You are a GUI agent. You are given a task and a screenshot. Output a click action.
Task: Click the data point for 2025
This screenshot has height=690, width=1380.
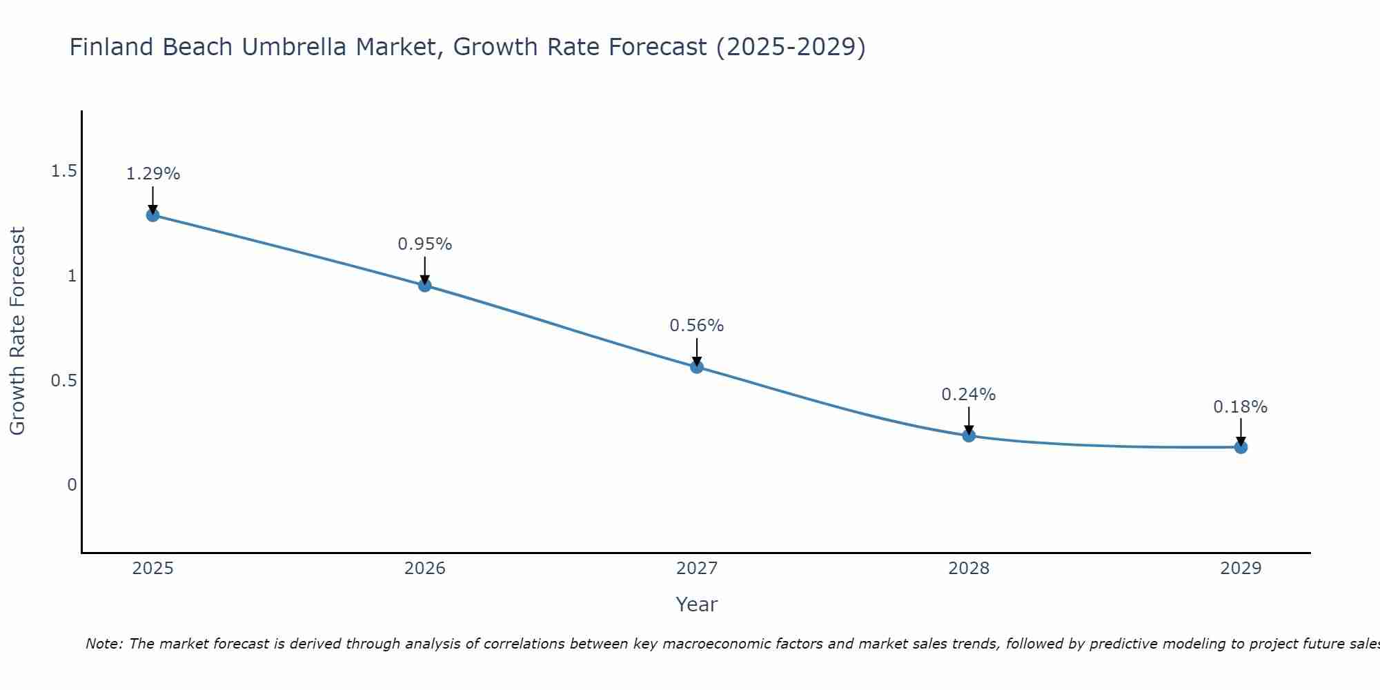click(x=152, y=215)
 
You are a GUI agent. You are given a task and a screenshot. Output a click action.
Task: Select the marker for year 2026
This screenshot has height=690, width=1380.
click(x=424, y=285)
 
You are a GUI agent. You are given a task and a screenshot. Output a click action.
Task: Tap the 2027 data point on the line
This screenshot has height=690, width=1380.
click(x=696, y=366)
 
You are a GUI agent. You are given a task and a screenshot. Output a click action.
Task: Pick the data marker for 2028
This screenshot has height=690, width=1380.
click(x=968, y=435)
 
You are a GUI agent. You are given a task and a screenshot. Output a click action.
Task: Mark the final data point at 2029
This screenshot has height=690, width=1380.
click(x=1240, y=447)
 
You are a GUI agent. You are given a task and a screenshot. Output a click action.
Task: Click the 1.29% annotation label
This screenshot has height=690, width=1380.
click(x=152, y=174)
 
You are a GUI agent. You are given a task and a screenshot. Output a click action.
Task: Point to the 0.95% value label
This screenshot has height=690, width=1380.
click(x=424, y=244)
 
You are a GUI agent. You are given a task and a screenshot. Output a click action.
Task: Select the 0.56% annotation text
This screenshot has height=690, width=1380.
click(x=696, y=326)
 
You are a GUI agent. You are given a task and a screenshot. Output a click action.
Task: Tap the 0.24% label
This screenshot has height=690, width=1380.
click(x=968, y=395)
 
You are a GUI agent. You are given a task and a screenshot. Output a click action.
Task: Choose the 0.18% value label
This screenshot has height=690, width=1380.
click(x=1240, y=407)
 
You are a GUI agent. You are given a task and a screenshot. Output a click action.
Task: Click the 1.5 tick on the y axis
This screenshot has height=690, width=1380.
click(x=63, y=171)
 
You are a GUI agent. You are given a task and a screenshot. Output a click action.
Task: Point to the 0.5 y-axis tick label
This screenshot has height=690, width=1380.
click(x=63, y=380)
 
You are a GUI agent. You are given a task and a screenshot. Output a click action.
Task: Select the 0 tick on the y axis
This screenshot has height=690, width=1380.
click(x=72, y=485)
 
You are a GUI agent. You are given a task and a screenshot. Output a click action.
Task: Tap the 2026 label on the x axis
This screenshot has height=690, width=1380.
click(x=424, y=569)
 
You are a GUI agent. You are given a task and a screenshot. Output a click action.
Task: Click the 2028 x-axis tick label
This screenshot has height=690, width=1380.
click(x=968, y=569)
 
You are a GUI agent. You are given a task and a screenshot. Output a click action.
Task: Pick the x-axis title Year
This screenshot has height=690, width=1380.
click(x=696, y=604)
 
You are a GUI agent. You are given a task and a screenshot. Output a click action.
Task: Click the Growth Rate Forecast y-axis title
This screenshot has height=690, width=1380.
click(x=17, y=331)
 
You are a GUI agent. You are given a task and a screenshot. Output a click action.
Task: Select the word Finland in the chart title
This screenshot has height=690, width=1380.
click(x=110, y=47)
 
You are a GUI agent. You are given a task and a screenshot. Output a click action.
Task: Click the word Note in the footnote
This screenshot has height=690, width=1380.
click(x=103, y=644)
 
